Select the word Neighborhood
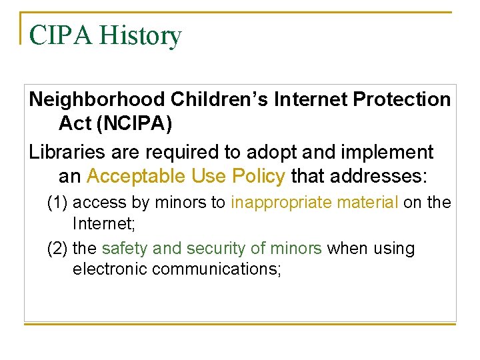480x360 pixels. [x=97, y=100]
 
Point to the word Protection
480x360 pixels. [x=402, y=100]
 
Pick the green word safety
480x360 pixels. [x=125, y=249]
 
